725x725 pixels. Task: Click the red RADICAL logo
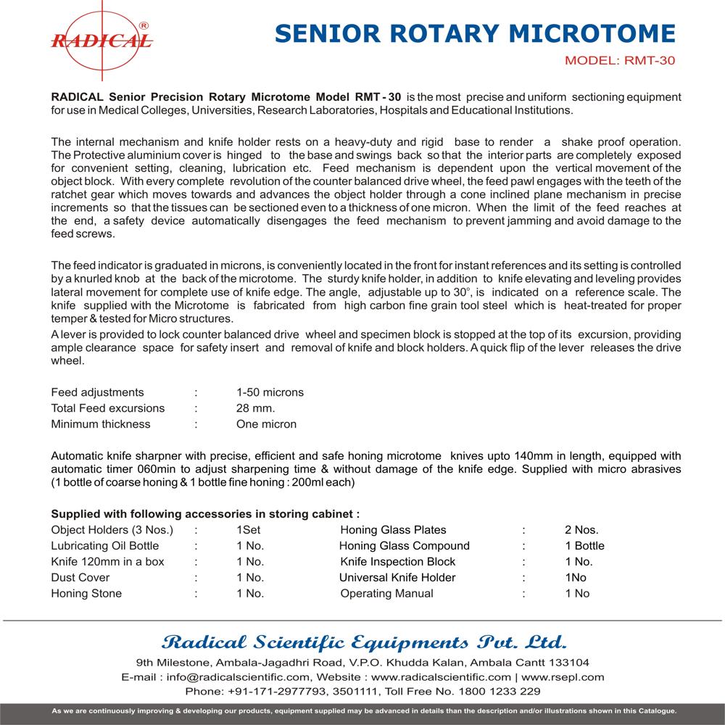[x=101, y=36]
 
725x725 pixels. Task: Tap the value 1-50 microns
[x=270, y=392]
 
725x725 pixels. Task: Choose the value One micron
[x=266, y=424]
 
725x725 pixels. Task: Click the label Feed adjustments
[x=97, y=392]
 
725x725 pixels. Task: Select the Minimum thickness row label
[x=101, y=424]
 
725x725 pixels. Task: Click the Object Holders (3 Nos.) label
[x=112, y=530]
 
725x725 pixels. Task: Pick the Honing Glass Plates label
[x=393, y=530]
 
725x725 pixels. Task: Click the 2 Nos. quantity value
[x=581, y=530]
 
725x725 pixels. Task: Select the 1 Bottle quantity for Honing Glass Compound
[x=584, y=546]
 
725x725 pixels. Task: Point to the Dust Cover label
[x=80, y=578]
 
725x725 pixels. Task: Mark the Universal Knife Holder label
[x=397, y=578]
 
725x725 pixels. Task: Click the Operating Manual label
[x=386, y=594]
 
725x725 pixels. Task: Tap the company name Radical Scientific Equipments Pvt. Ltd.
[x=363, y=642]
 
